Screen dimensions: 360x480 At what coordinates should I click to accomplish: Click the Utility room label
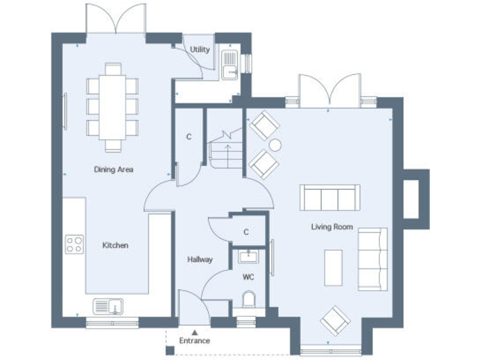tap(200, 49)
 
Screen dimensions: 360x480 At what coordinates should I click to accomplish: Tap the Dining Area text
tap(113, 169)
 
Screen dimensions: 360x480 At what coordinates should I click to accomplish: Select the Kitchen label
tap(115, 246)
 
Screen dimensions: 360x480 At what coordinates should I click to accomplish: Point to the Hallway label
tap(200, 259)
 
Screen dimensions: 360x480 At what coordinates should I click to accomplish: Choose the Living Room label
tap(332, 227)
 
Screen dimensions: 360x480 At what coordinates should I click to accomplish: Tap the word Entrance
tap(194, 341)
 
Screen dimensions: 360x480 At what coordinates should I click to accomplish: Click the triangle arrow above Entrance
tap(194, 332)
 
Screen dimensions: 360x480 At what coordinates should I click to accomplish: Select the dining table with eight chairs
tap(112, 107)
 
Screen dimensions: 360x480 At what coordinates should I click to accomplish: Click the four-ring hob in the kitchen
tap(75, 244)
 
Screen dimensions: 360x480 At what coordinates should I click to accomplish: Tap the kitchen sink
tap(107, 306)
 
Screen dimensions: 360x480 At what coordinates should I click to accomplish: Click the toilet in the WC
tap(249, 300)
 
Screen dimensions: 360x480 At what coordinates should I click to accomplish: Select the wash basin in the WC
tap(249, 256)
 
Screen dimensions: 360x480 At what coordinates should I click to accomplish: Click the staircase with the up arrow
tap(225, 150)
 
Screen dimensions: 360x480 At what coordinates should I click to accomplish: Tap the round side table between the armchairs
tap(275, 145)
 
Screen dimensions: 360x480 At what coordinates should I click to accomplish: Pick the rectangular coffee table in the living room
tap(332, 268)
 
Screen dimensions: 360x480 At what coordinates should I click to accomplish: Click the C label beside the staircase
tap(189, 137)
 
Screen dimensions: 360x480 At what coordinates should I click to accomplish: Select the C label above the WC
tap(246, 232)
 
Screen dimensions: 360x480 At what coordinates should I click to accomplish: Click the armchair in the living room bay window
tap(335, 320)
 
